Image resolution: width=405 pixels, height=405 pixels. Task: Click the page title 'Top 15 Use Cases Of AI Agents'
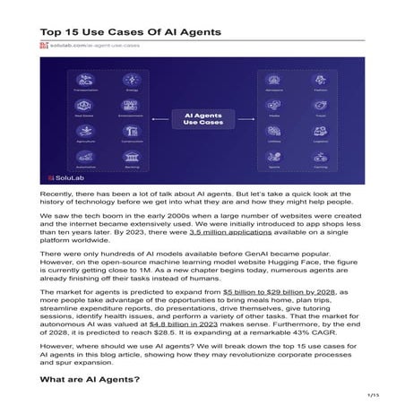click(131, 31)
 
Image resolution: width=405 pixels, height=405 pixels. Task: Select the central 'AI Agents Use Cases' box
click(202, 119)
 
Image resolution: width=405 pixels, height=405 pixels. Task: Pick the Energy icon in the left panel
click(133, 79)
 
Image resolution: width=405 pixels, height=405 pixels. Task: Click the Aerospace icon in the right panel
click(273, 79)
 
